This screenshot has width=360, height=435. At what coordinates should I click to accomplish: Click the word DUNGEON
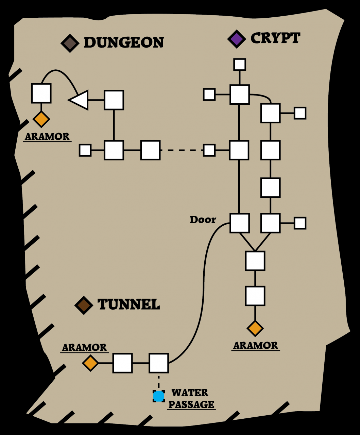124,42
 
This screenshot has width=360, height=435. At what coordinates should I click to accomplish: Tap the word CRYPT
275,38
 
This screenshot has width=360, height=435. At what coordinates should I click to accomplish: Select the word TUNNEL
128,304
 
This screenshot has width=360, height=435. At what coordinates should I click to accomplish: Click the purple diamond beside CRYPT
237,39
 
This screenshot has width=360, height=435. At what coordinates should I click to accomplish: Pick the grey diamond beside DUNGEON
70,43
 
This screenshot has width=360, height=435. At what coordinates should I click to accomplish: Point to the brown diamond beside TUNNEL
84,305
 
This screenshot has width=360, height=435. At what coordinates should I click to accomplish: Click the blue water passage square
159,396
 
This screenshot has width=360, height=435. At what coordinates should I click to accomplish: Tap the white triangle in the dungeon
80,100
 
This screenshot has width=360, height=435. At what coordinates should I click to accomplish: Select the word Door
203,220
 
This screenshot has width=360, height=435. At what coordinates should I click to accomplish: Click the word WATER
190,393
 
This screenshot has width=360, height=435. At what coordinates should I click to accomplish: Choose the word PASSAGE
191,404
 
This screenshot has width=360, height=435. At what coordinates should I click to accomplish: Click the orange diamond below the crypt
255,328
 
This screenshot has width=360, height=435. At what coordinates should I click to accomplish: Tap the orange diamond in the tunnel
90,363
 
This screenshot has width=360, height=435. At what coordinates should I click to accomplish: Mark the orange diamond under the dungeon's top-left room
41,119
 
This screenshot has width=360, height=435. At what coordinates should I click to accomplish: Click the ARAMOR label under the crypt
255,346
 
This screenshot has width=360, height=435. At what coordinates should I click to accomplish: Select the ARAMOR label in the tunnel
84,348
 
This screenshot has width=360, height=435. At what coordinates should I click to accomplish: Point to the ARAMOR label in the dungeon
47,137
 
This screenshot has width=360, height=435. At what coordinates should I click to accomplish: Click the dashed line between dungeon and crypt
182,150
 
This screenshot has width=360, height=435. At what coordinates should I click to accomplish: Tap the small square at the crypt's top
240,64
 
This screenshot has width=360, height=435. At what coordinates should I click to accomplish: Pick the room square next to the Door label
239,223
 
